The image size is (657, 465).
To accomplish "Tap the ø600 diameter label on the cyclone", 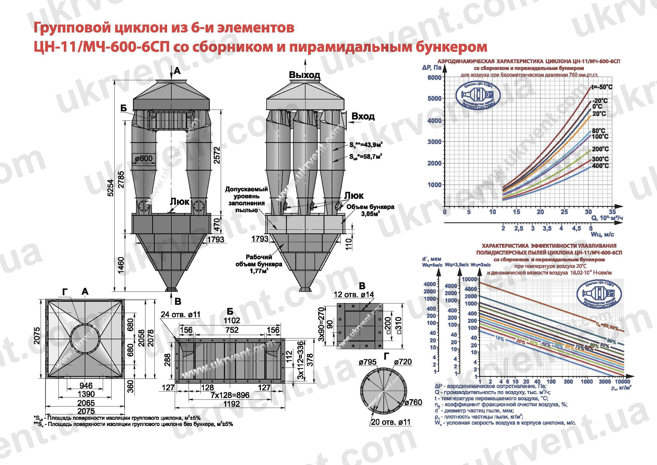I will [x=144, y=158].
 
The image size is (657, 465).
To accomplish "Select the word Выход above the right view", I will [x=304, y=75].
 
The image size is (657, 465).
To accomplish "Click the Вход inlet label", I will [x=363, y=116].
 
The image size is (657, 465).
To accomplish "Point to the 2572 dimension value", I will [x=217, y=155].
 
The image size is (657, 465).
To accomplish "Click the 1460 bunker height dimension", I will [x=121, y=265].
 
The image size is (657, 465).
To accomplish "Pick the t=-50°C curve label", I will [x=602, y=87].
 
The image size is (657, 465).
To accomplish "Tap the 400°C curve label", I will [x=600, y=166].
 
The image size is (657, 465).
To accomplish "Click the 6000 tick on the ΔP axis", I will [x=434, y=78].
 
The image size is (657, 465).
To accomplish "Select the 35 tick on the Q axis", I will [x=612, y=212].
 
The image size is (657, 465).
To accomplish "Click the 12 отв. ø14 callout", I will [x=354, y=295].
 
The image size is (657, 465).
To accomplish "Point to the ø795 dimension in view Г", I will [x=368, y=362].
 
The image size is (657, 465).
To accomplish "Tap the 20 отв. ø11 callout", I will [x=390, y=422].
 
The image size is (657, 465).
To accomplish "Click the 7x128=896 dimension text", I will [x=230, y=395].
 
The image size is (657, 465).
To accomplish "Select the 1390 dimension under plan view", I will [x=86, y=394].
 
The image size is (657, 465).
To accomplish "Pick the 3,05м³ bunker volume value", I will [x=370, y=214].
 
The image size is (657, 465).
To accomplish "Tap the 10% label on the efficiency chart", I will [x=499, y=338].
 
